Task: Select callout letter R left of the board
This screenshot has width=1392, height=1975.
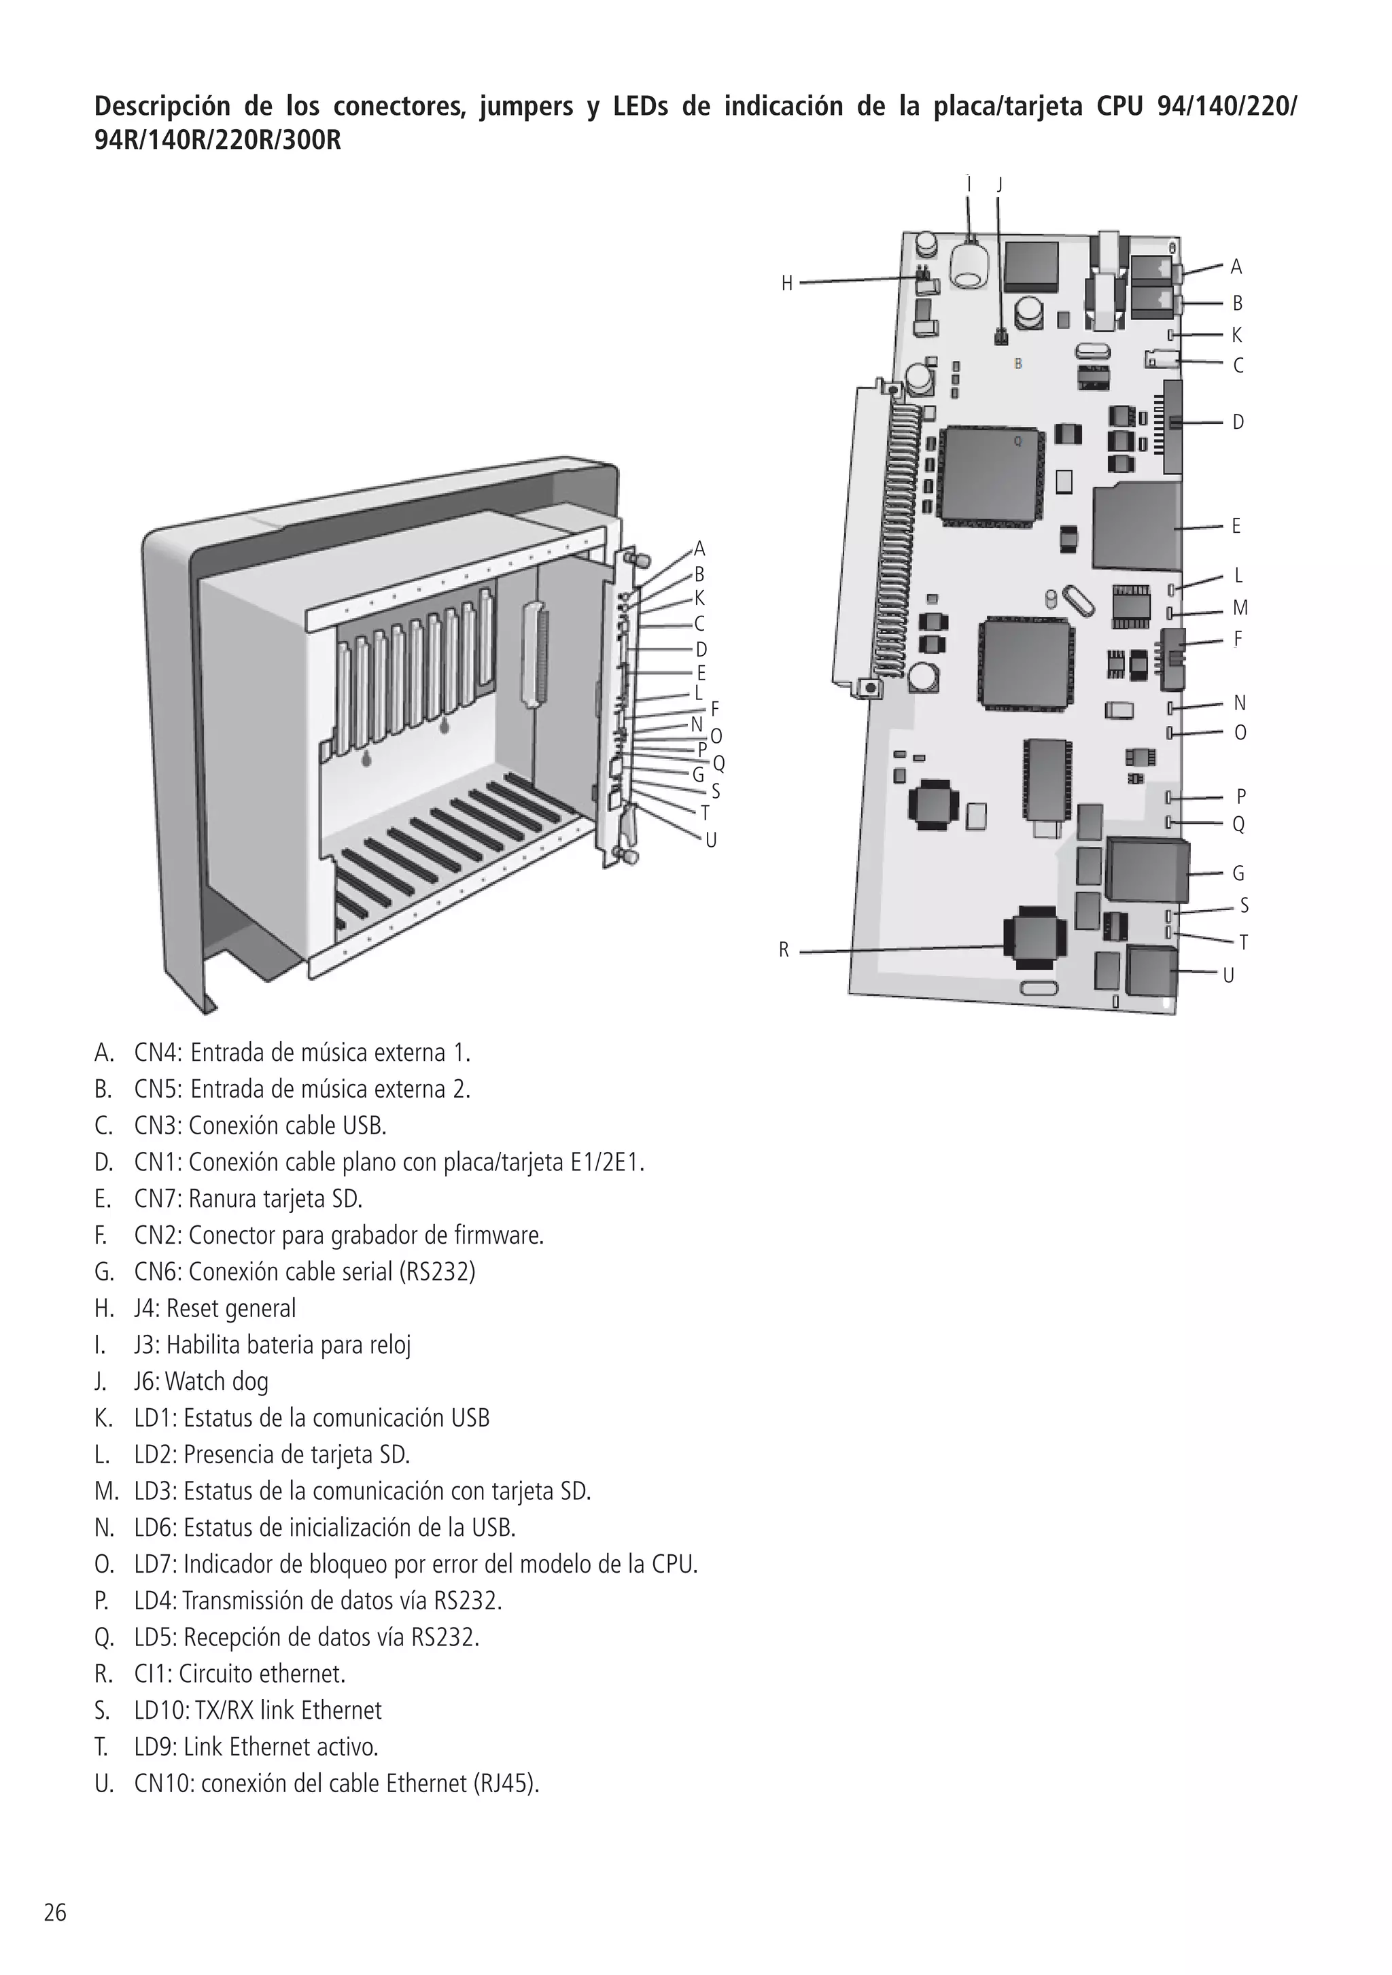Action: pos(784,949)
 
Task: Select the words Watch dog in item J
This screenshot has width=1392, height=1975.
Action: pos(217,1382)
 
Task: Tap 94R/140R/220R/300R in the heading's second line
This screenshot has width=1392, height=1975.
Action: pos(217,140)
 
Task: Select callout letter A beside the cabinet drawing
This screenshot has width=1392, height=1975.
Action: pos(699,548)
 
